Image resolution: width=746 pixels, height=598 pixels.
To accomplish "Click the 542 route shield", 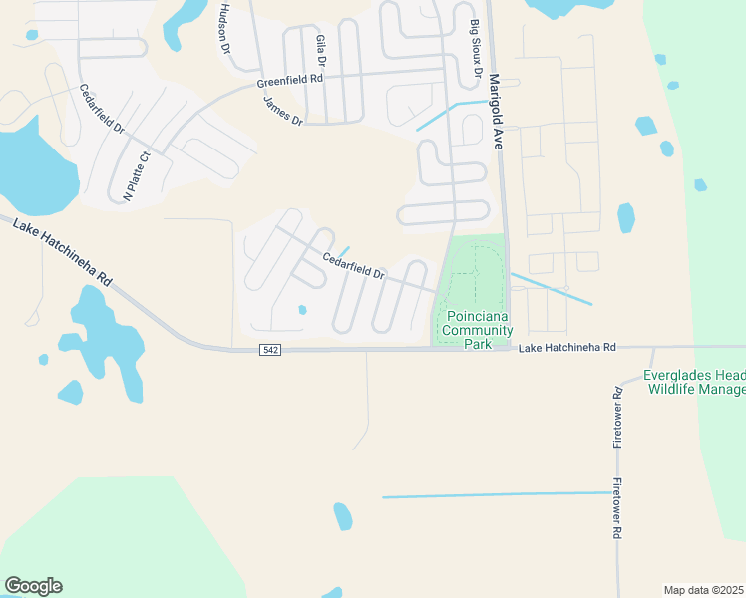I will (x=271, y=350).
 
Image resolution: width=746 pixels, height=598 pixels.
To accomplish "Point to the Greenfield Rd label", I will (x=290, y=79).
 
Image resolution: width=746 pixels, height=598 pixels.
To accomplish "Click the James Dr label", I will (x=282, y=110).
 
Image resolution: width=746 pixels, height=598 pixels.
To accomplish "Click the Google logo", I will (x=33, y=586).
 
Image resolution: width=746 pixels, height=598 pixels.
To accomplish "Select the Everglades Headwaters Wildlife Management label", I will (x=694, y=382).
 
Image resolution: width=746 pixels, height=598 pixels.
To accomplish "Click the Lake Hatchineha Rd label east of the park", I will (x=567, y=347).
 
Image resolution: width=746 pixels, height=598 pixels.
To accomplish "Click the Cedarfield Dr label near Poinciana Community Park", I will (x=353, y=265).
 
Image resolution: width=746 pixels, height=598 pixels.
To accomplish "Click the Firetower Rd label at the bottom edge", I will (x=617, y=514).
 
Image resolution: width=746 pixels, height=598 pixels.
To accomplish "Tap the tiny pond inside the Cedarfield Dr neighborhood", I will (x=302, y=310).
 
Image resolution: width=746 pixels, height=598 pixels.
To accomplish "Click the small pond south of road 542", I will (x=343, y=515).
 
